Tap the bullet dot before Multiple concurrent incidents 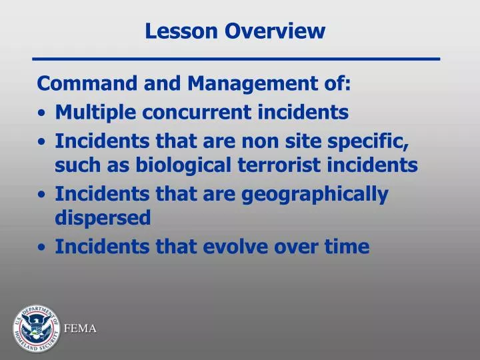(x=43, y=114)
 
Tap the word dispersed (x=103, y=218)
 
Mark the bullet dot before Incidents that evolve (x=43, y=248)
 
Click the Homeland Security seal (x=35, y=330)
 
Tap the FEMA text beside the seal (x=80, y=328)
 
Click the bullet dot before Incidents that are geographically (x=43, y=195)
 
